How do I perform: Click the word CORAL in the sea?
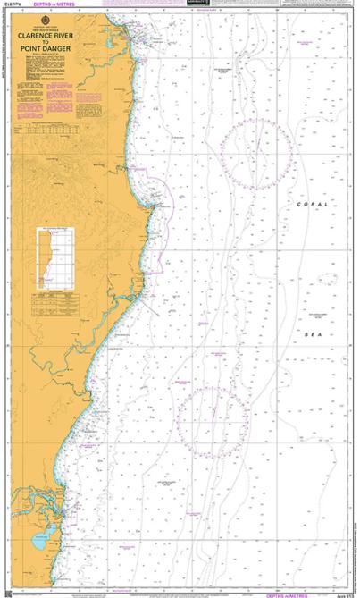(x=313, y=205)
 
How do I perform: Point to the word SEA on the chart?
(x=313, y=334)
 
